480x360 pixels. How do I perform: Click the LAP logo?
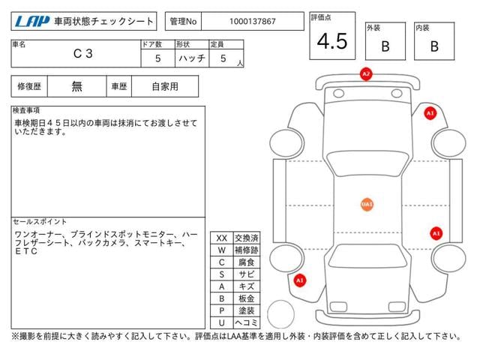coord(32,22)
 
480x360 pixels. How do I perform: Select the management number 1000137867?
coord(253,22)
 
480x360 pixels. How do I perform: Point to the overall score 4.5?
coord(332,41)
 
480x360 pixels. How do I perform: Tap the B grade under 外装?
coord(385,46)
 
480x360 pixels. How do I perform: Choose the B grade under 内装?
coord(434,46)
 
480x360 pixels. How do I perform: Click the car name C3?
coord(82,53)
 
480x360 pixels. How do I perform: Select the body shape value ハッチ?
coord(192,58)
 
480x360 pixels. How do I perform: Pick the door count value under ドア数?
coord(157,58)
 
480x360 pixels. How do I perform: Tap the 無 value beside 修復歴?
coord(76,86)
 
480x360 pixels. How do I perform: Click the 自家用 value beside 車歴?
coord(165,87)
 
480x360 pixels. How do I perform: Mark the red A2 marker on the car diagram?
coord(366,73)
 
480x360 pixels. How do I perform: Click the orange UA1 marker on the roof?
coord(367,204)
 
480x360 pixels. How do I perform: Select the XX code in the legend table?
coord(222,238)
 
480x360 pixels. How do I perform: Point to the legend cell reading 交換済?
coord(247,238)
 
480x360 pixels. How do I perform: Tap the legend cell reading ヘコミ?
coord(247,322)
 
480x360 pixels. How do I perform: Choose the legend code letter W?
coord(222,250)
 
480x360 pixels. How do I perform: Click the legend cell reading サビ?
coord(247,274)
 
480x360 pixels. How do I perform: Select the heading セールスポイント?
coord(40,222)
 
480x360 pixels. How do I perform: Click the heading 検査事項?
coord(26,110)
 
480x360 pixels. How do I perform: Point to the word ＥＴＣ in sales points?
coord(26,251)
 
